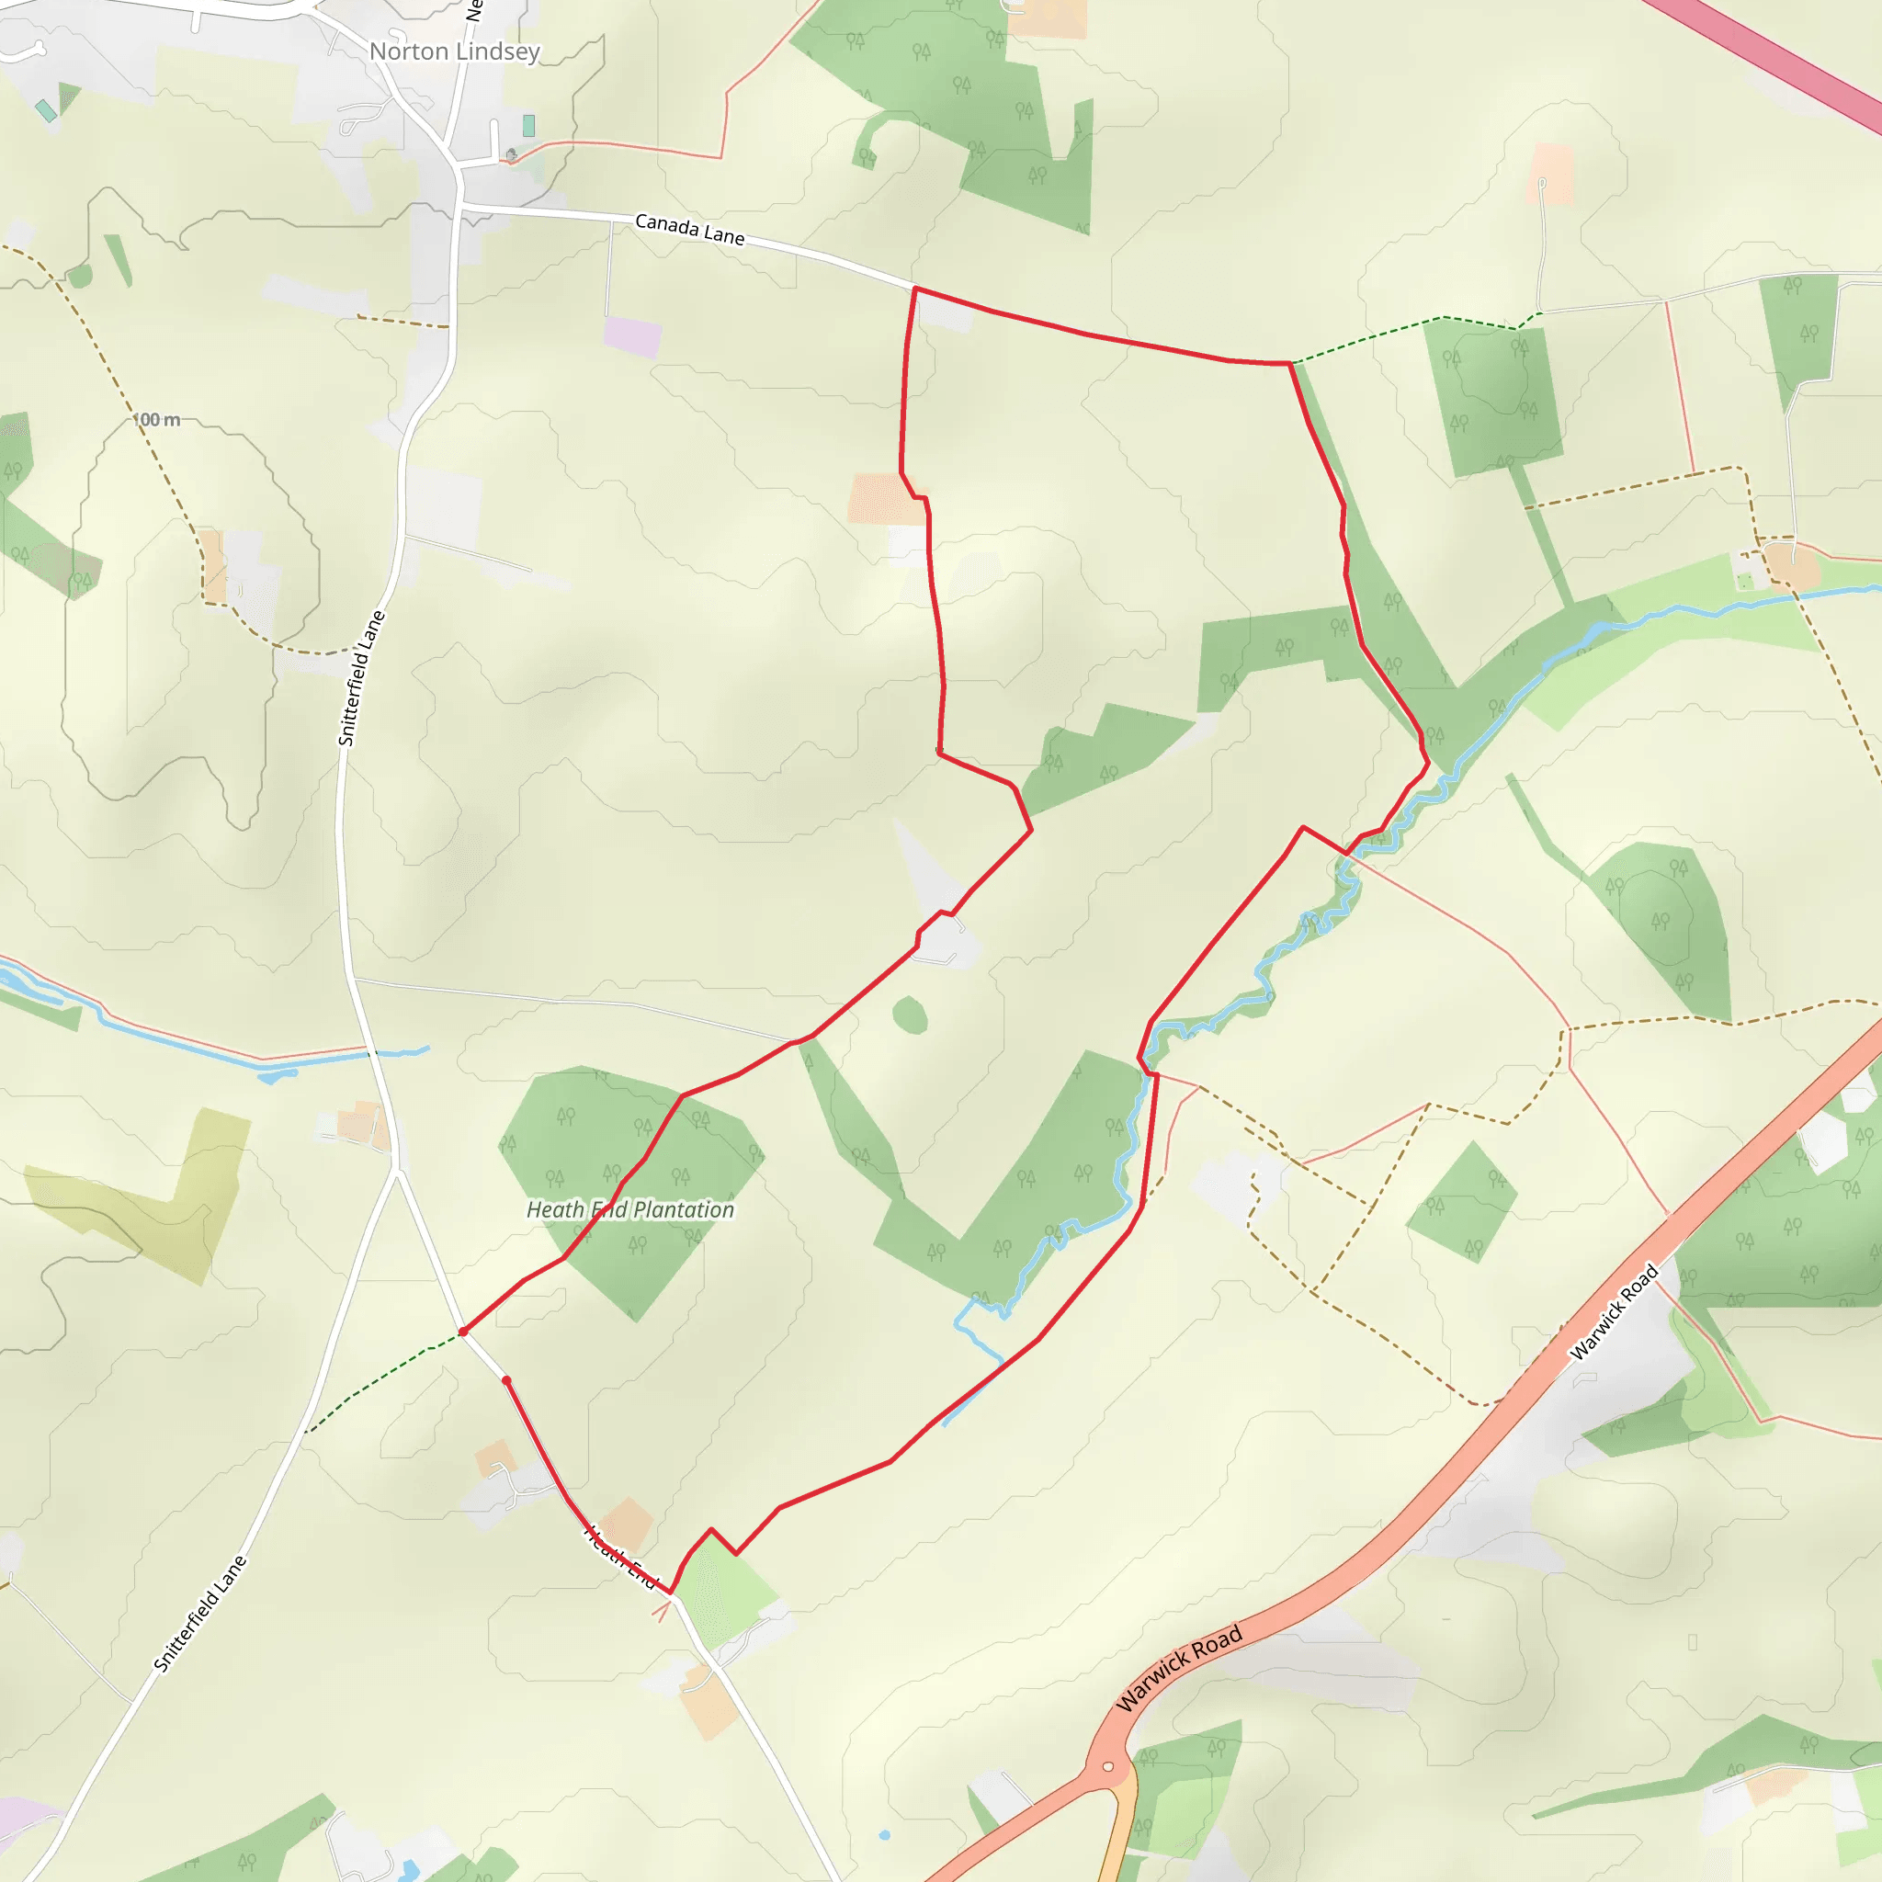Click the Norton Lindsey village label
454,51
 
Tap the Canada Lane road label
690,230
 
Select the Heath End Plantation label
630,1210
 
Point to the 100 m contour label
157,420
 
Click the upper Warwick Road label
1613,1311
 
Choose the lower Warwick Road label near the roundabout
1179,1667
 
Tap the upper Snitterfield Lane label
361,678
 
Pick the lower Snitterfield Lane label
200,1613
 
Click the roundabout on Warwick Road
1107,1767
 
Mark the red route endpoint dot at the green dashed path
463,1332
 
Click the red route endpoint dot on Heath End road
506,1380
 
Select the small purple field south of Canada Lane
632,336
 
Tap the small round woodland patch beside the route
909,1015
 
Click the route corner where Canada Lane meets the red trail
915,289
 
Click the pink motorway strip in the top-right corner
1773,59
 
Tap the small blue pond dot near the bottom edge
885,1835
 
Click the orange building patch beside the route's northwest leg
885,499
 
